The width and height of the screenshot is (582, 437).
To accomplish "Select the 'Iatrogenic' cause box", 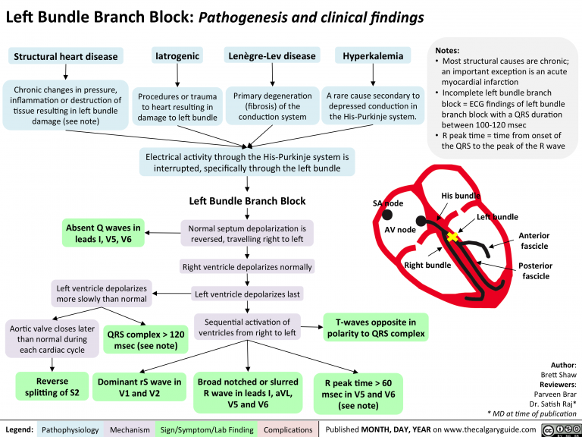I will (177, 56).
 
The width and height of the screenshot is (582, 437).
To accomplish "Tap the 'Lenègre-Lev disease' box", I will (271, 56).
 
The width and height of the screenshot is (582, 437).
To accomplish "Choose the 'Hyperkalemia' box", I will (372, 56).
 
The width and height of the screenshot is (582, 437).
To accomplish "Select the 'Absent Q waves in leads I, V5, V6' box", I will (103, 234).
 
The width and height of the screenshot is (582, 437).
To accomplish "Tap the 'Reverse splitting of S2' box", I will (52, 386).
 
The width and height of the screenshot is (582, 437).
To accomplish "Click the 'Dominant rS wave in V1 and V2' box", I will (139, 387).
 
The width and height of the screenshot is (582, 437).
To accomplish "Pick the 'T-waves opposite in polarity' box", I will (375, 328).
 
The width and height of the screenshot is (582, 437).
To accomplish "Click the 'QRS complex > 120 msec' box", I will (146, 339).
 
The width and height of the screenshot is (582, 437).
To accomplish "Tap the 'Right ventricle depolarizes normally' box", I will (246, 266).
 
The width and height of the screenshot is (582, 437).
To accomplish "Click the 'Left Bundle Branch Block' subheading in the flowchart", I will (247, 201).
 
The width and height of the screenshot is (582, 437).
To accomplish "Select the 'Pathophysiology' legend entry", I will (70, 429).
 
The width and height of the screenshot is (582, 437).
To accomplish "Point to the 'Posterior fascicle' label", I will (536, 271).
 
